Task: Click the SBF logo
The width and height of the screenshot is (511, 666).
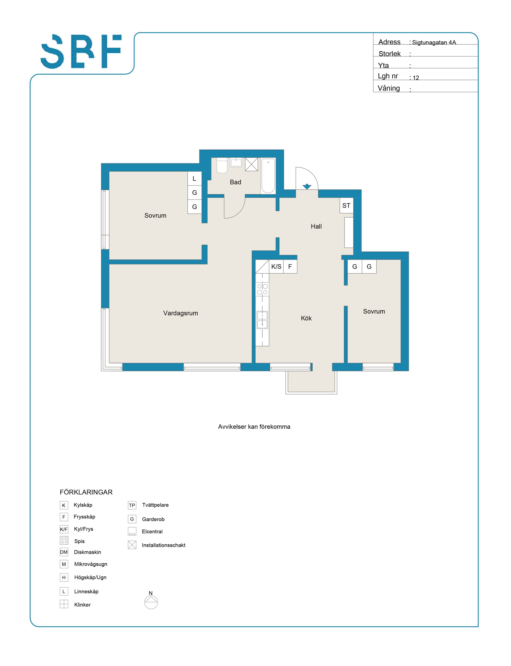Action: (81, 51)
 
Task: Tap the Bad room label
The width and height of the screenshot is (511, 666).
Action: (235, 182)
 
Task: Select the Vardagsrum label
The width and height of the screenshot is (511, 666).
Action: (181, 313)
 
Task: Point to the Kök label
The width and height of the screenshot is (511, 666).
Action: (306, 318)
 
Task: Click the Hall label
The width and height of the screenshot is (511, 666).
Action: (316, 226)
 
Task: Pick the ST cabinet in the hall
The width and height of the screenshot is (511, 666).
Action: (346, 206)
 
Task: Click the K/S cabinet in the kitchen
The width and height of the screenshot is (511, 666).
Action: (276, 267)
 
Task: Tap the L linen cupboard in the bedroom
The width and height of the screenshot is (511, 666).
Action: (195, 179)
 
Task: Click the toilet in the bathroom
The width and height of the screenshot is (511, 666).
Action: (222, 165)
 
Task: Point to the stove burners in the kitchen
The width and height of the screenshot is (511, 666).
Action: (262, 289)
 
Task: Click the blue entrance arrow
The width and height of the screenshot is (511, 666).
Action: (307, 186)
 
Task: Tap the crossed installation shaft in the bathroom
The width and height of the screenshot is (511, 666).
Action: (252, 164)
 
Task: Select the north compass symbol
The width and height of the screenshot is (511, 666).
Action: (151, 602)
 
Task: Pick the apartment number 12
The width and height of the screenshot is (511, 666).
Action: (416, 78)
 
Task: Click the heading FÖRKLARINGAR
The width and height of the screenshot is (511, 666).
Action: (86, 492)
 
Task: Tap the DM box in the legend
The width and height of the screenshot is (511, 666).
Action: (64, 552)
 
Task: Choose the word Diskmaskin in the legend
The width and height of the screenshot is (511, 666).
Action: (88, 552)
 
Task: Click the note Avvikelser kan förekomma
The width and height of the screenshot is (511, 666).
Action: (254, 427)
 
